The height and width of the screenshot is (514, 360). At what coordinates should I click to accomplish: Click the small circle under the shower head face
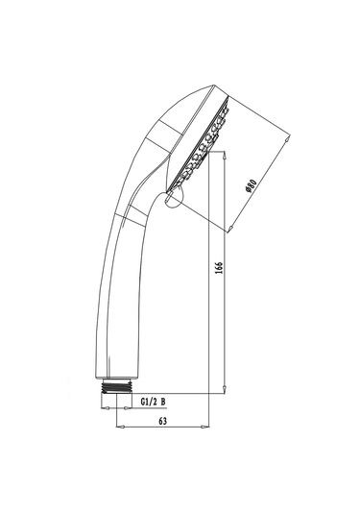click(x=172, y=199)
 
